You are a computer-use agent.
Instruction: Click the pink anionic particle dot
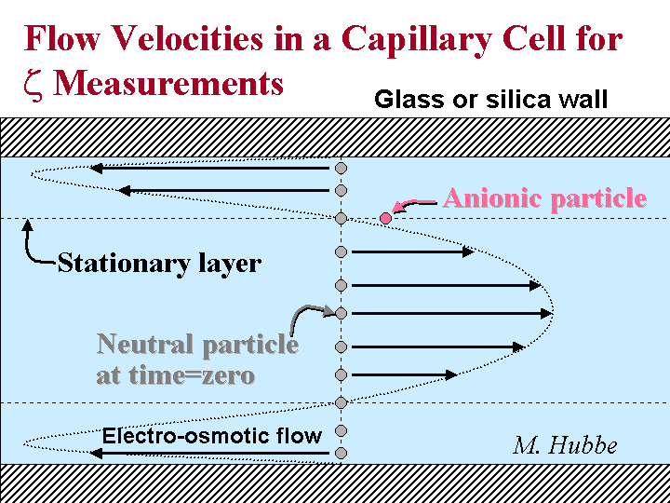pyautogui.click(x=386, y=219)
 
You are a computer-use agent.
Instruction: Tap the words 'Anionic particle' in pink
pyautogui.click(x=544, y=198)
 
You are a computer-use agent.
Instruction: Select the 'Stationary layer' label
pyautogui.click(x=159, y=264)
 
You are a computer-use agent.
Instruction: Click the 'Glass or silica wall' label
pyautogui.click(x=490, y=100)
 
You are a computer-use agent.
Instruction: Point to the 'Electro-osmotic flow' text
pyautogui.click(x=212, y=436)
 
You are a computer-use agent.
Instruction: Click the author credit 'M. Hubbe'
pyautogui.click(x=565, y=445)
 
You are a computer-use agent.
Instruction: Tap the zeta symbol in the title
pyautogui.click(x=33, y=85)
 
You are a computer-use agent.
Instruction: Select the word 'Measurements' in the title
pyautogui.click(x=167, y=83)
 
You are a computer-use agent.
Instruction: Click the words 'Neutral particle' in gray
pyautogui.click(x=197, y=344)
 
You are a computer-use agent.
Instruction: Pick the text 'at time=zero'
pyautogui.click(x=176, y=376)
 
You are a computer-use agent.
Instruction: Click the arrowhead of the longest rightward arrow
pyautogui.click(x=546, y=314)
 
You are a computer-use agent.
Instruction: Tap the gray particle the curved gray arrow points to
pyautogui.click(x=341, y=314)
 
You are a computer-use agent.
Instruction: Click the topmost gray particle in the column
pyautogui.click(x=341, y=168)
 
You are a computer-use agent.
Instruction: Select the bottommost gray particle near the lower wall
pyautogui.click(x=341, y=453)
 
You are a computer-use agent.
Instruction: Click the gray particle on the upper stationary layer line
pyautogui.click(x=341, y=219)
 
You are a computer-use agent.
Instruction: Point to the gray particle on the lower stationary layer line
pyautogui.click(x=341, y=402)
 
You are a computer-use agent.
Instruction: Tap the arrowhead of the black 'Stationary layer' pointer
pyautogui.click(x=27, y=225)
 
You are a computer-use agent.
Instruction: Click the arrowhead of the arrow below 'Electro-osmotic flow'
pyautogui.click(x=96, y=453)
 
